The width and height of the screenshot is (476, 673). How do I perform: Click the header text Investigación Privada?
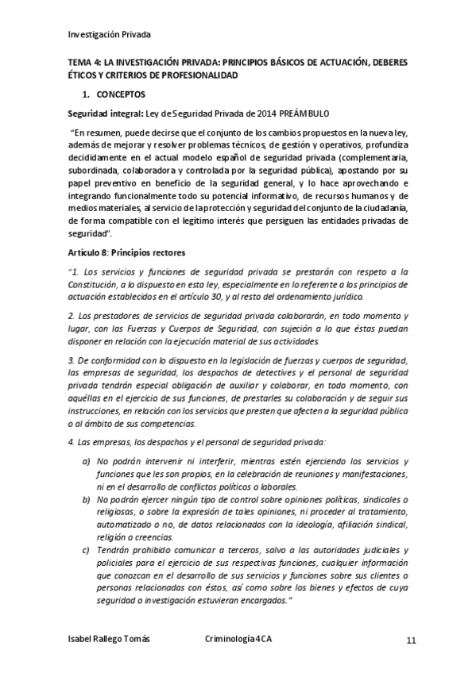click(109, 35)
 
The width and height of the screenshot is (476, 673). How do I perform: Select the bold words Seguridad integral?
click(100, 113)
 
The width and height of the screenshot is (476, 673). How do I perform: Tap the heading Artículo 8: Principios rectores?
click(127, 252)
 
